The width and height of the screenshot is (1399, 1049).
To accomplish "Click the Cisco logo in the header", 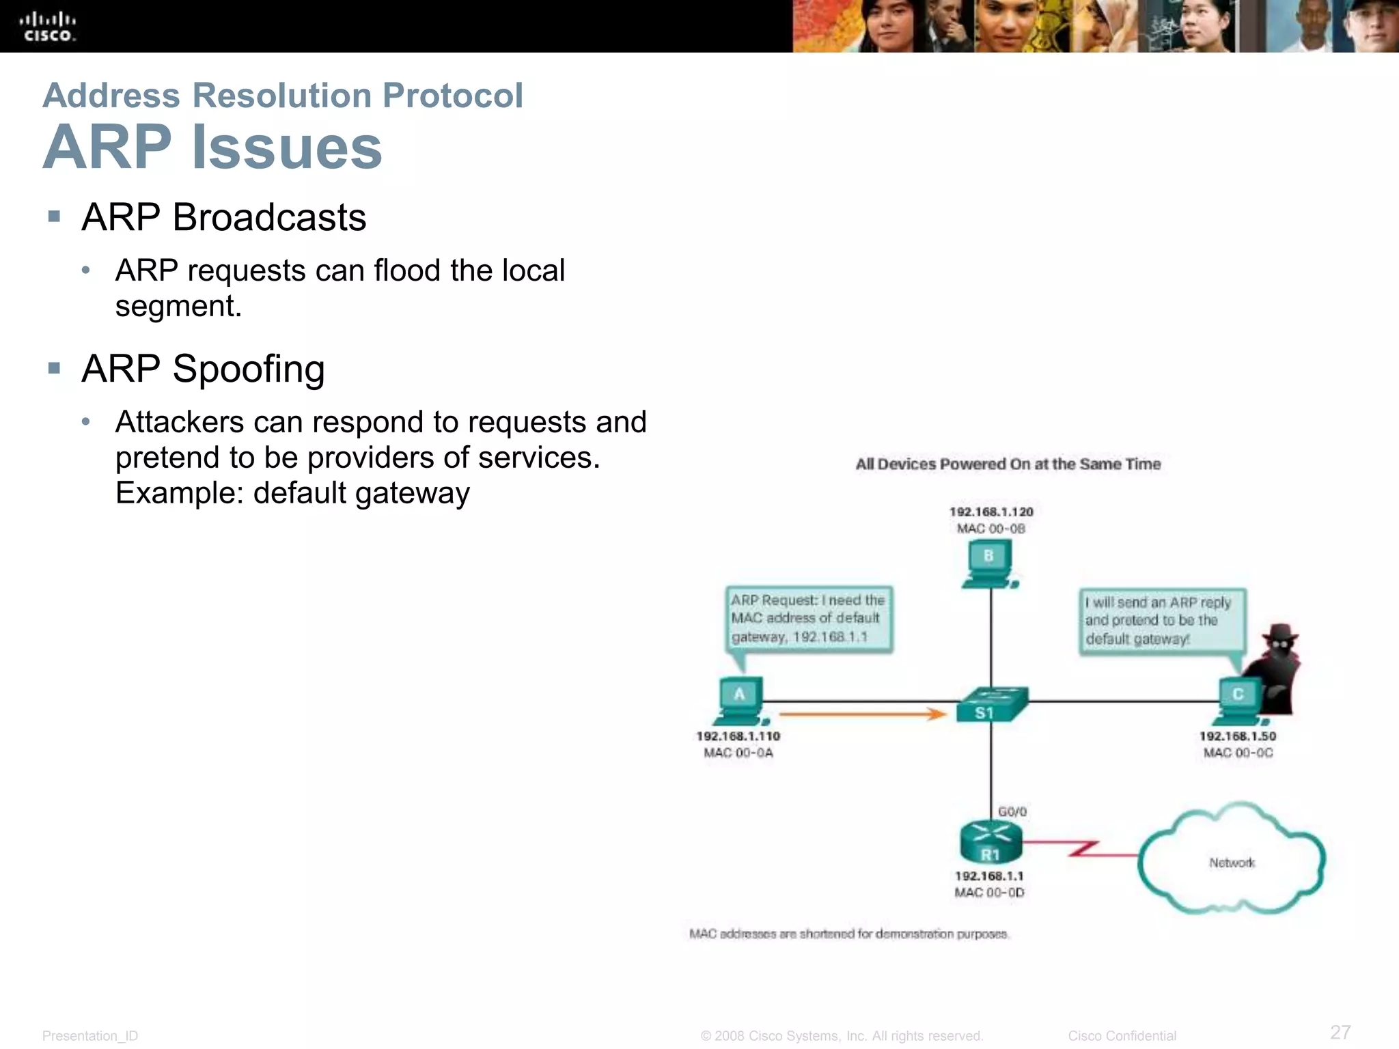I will pos(48,27).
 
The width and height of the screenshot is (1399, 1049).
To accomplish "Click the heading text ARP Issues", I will pos(212,147).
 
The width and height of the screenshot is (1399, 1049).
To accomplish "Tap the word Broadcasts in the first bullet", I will pos(269,217).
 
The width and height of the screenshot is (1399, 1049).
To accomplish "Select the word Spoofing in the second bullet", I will pos(248,369).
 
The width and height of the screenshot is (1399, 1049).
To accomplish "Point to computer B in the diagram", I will pos(989,564).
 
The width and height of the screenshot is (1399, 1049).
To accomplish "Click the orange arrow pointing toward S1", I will pos(862,714).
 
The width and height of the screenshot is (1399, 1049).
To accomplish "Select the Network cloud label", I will pos(1232,863).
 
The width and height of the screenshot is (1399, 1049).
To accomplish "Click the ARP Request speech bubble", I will pos(808,619).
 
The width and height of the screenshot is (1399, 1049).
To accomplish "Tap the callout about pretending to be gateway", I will pos(1161,621).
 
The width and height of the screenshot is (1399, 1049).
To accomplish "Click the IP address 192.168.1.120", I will pos(991,512).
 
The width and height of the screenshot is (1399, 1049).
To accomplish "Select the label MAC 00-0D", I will pos(989,893).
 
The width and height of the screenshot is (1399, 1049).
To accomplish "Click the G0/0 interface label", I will pos(1012,811).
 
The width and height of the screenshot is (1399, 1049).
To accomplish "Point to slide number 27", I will pos(1340,1032).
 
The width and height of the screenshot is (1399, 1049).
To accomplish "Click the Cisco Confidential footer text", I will pos(1122,1036).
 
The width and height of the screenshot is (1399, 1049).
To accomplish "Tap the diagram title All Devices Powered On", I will pos(1008,464).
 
